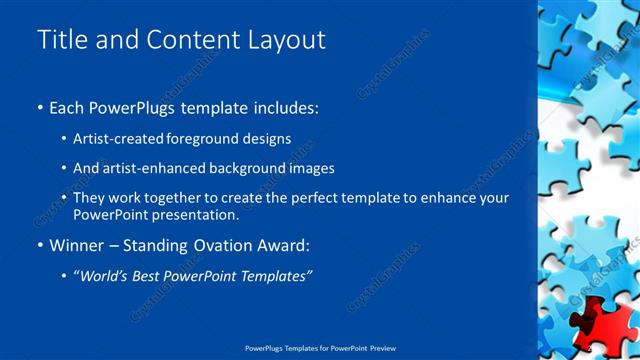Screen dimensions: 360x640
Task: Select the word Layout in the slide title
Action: (x=284, y=40)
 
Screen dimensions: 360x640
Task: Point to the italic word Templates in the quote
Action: (x=275, y=275)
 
